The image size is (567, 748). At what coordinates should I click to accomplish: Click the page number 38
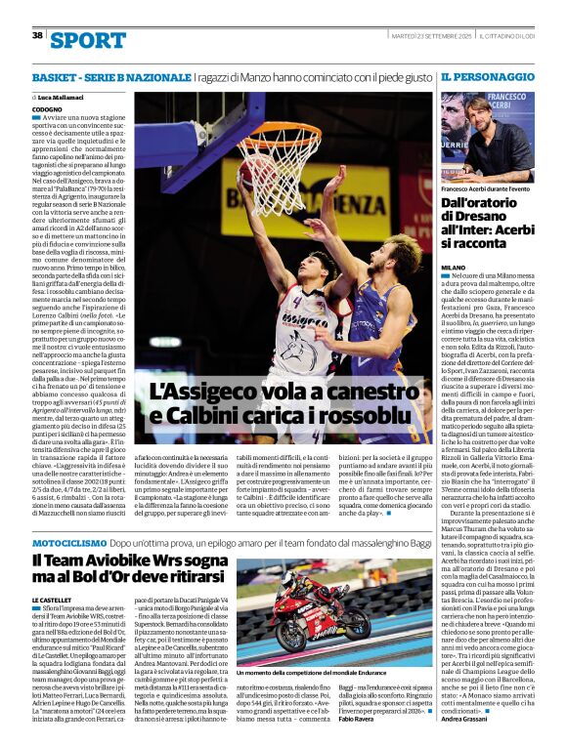point(37,35)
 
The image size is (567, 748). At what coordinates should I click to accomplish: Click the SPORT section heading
point(88,39)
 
